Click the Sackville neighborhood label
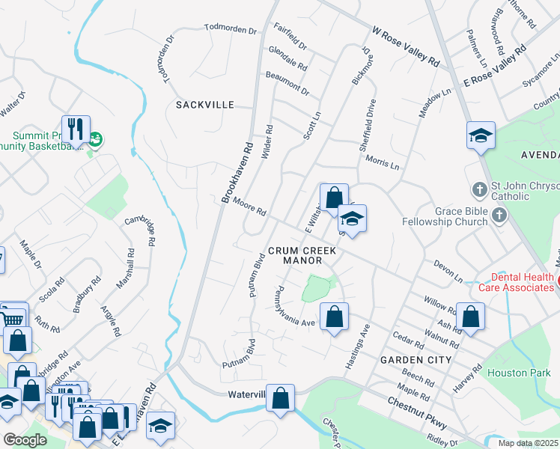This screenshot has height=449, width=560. [205, 106]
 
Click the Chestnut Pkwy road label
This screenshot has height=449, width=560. [417, 411]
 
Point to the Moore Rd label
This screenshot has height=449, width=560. [249, 207]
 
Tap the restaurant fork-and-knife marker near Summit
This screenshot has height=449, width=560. [76, 129]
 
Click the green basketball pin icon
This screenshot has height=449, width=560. [95, 139]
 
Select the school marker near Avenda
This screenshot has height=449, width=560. [481, 135]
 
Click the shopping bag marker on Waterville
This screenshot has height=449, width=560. [280, 398]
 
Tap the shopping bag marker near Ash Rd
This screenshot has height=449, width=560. [470, 316]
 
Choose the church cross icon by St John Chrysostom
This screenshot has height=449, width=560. [479, 186]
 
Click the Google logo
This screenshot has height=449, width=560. [25, 440]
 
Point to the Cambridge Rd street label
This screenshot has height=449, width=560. [139, 227]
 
